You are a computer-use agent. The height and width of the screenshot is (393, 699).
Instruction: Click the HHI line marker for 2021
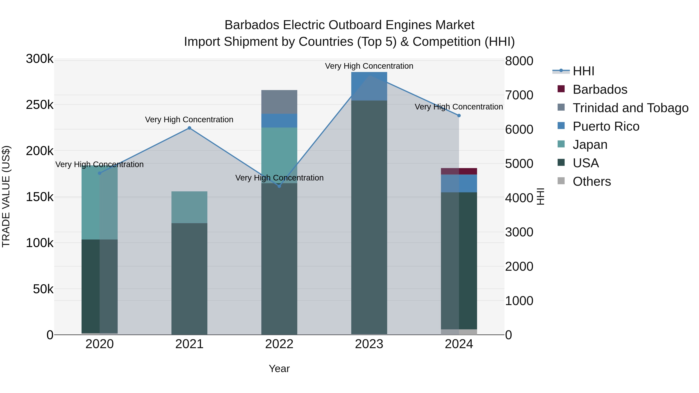189,128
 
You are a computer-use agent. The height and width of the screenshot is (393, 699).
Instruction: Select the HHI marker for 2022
279,186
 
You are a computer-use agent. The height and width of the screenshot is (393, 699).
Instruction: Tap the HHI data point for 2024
459,115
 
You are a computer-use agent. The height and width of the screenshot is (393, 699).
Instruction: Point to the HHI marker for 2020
100,173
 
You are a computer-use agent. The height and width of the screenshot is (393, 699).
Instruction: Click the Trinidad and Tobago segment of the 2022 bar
279,102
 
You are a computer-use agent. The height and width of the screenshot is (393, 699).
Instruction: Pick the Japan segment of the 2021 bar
189,207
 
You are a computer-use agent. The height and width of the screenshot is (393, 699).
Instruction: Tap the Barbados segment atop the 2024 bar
459,171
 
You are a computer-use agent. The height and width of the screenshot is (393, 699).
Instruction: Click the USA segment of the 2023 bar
369,217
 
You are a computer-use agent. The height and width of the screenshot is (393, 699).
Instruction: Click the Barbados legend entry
600,89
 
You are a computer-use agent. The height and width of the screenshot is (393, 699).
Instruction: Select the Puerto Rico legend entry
606,126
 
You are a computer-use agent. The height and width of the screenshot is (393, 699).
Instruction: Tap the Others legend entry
592,181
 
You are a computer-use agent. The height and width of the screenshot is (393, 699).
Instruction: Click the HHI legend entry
583,71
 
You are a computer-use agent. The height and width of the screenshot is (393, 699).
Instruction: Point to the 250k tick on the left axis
40,105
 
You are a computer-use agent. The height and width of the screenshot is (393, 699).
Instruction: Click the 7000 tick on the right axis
519,95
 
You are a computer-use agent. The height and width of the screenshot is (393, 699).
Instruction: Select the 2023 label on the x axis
369,344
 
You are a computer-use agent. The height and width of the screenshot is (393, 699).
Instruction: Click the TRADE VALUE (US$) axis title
6,196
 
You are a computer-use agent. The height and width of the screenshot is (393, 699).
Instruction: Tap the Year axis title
279,369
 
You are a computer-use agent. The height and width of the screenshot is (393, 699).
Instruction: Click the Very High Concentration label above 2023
369,66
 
